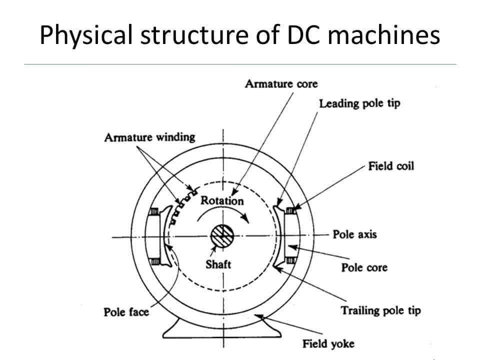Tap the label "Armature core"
281,83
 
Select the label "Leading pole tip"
359,104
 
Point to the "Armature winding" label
149,137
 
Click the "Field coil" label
391,165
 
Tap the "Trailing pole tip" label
380,310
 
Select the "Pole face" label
126,312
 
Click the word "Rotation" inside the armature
222,201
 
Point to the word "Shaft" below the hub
218,264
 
